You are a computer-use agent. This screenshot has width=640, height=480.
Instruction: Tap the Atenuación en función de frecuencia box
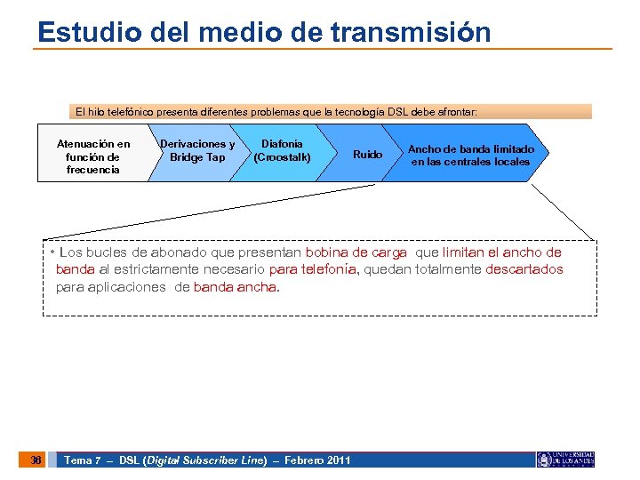(92, 156)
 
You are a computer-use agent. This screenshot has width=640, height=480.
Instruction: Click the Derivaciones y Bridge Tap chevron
(196, 151)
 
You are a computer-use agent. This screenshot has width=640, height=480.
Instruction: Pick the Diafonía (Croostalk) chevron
(282, 151)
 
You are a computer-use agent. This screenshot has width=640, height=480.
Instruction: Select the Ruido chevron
(367, 155)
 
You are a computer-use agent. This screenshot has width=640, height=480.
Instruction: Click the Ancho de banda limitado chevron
(470, 156)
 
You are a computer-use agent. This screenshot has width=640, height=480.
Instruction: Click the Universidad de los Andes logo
(564, 460)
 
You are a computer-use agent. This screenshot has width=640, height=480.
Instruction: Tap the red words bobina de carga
(356, 253)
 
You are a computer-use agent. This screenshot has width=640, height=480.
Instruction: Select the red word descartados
(524, 270)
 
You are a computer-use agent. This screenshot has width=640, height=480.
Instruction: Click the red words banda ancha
(235, 287)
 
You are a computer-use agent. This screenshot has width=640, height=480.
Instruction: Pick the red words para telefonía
(312, 270)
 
